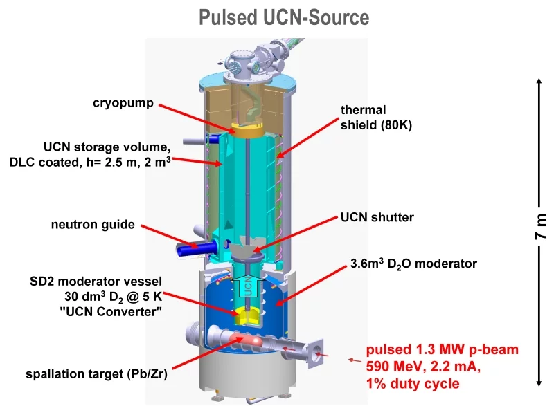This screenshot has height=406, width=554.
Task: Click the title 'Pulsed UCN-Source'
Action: (x=284, y=17)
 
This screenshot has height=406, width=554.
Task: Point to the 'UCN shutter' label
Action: (x=377, y=217)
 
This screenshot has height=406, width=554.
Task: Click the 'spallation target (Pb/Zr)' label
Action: (x=97, y=375)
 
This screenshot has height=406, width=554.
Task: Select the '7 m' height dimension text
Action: (x=541, y=226)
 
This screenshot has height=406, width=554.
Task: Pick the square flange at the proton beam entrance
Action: (x=317, y=355)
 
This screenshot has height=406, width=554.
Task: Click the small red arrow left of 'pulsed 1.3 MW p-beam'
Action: (x=355, y=360)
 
